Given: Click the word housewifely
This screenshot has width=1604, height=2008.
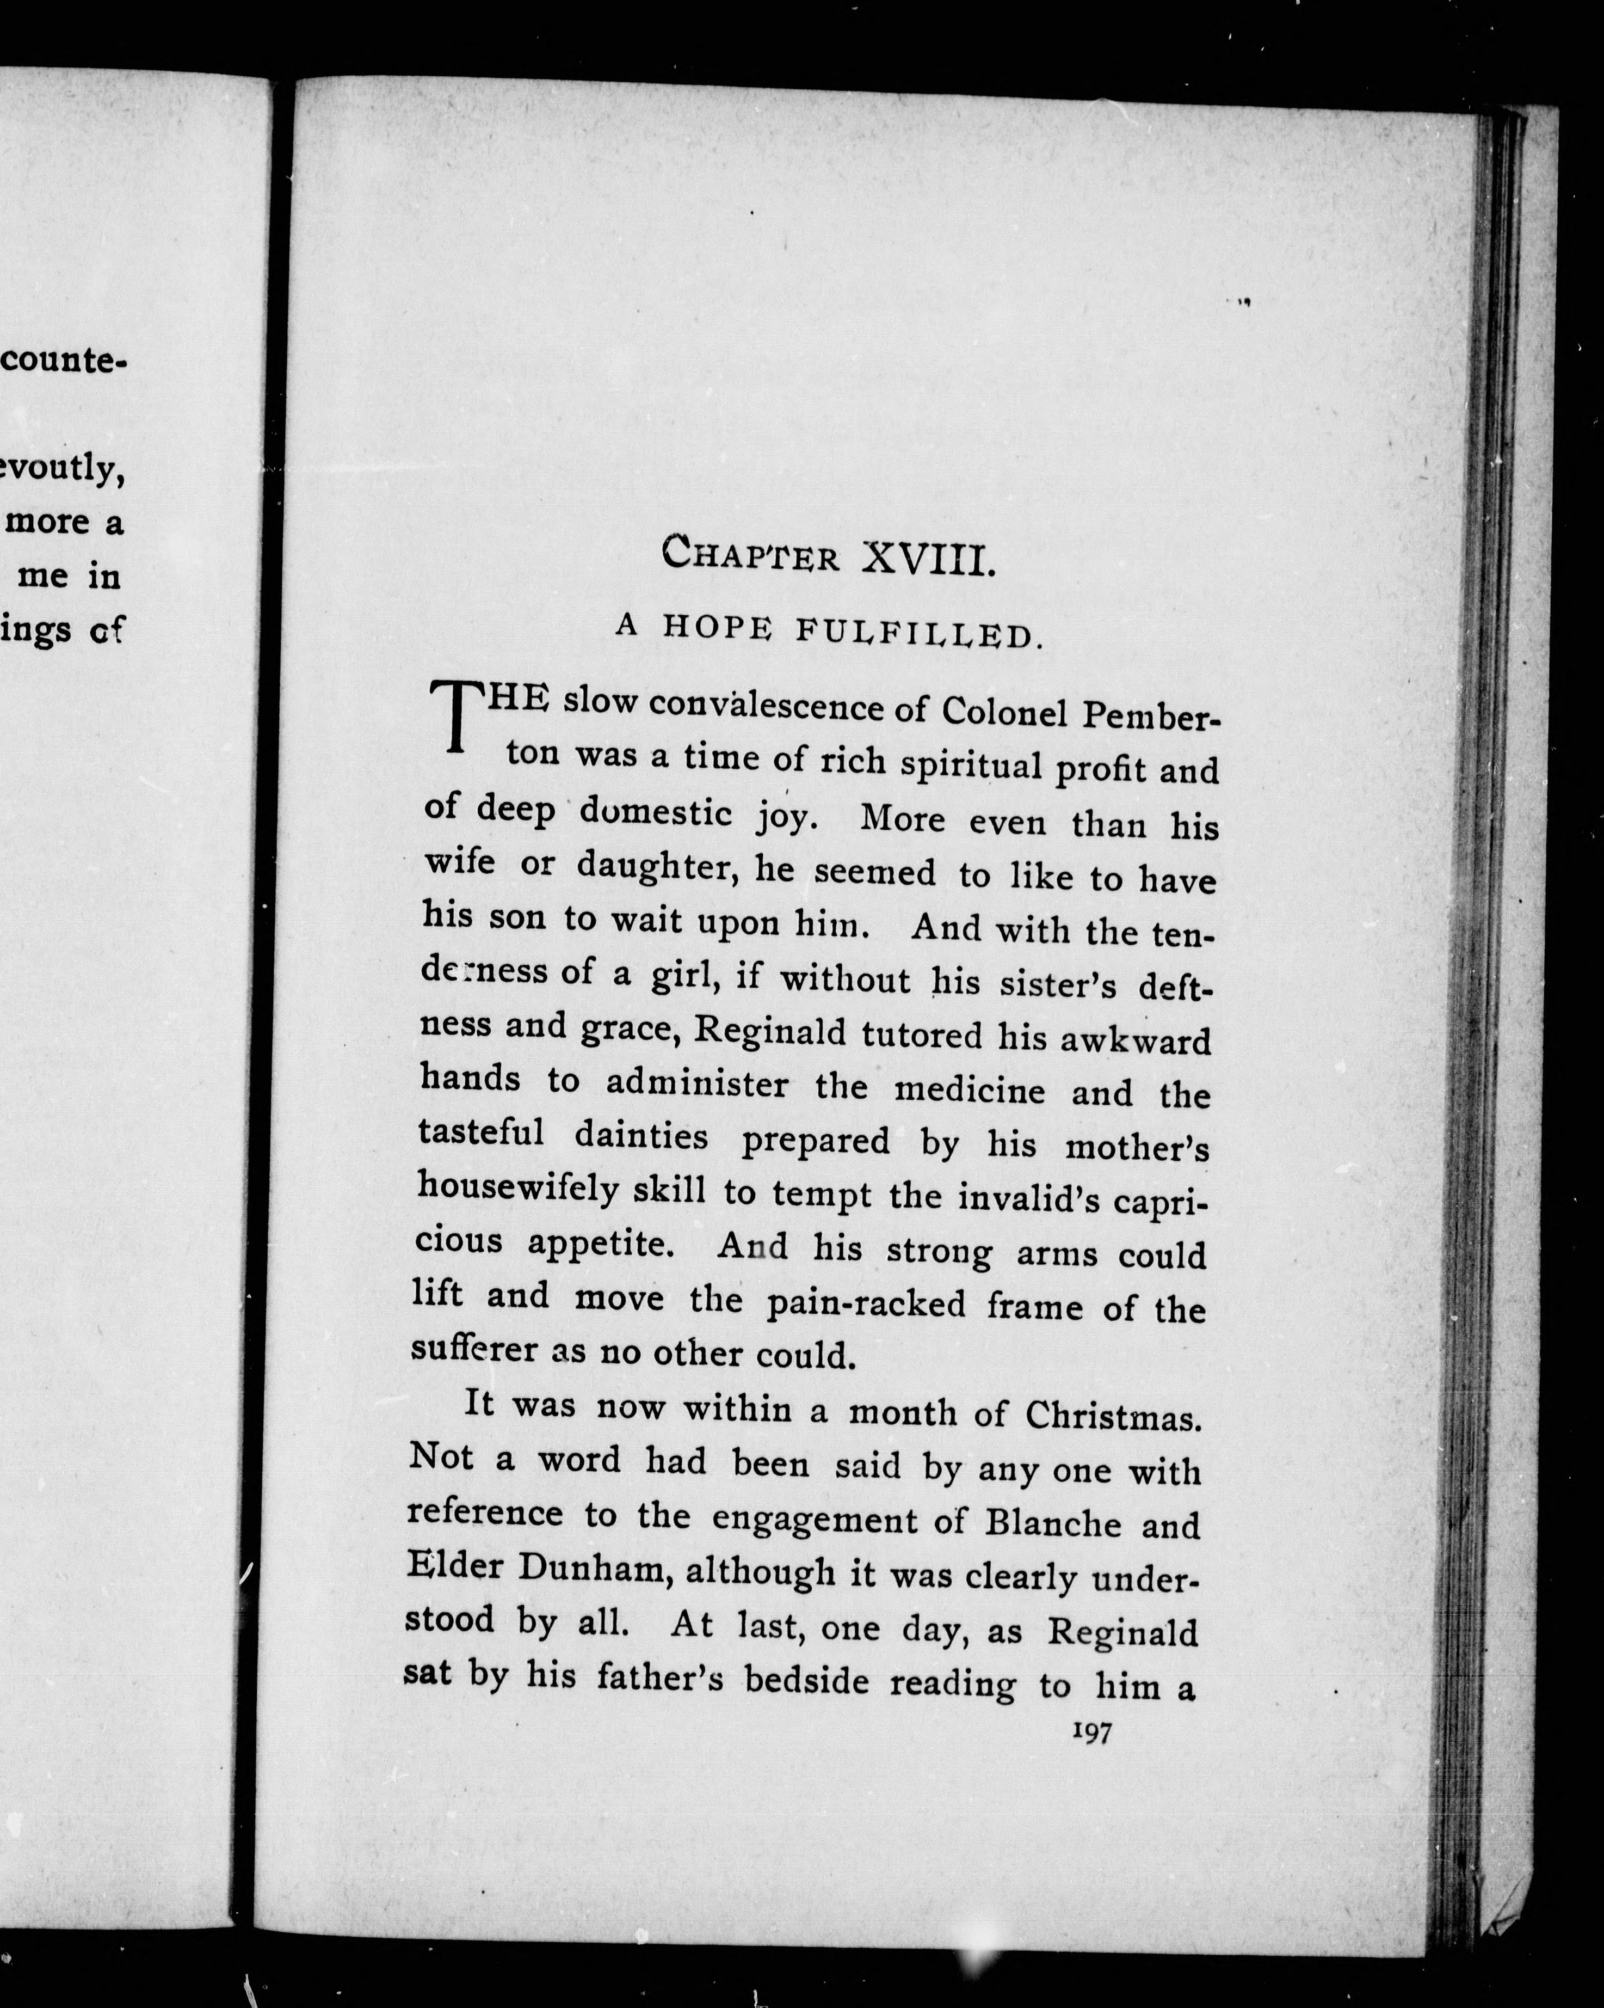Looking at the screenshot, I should pyautogui.click(x=517, y=1187).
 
